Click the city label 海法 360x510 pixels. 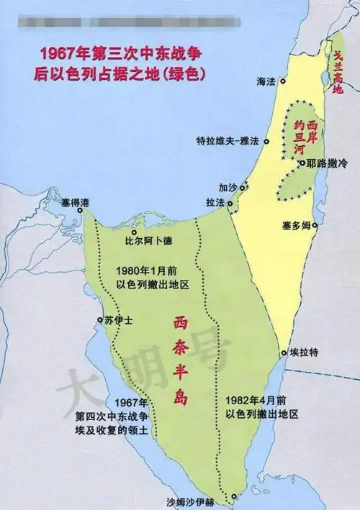tap(266, 84)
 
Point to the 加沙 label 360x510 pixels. tap(228, 187)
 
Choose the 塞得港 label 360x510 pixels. tap(61, 204)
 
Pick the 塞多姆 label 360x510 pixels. tap(296, 226)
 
